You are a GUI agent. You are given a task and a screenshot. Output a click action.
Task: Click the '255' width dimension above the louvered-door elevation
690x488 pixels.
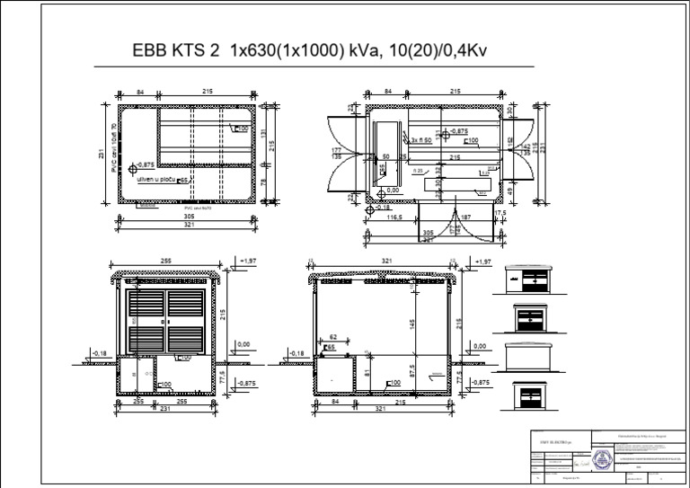point(166,261)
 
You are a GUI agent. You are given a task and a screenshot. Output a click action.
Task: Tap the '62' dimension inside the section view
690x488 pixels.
point(333,338)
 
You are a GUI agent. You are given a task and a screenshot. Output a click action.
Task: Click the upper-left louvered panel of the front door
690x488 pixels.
point(145,306)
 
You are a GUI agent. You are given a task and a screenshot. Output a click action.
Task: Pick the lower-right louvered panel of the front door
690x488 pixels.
point(185,338)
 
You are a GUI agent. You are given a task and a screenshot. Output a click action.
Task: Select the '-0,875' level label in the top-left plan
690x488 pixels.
point(146,165)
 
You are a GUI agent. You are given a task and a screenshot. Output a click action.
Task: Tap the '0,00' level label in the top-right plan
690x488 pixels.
point(392,191)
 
